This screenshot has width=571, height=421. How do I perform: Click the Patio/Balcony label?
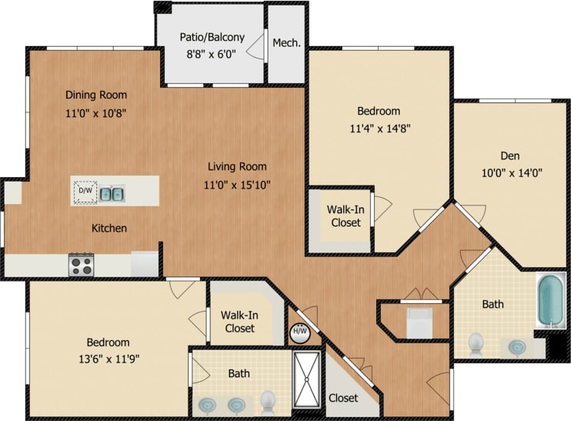[x=212, y=37]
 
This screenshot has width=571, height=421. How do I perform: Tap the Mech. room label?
[x=286, y=42]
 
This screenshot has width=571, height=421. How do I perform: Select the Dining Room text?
[x=95, y=95]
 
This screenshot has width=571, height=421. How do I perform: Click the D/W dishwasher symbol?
[x=85, y=191]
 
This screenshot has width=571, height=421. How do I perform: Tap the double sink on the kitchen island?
[x=112, y=193]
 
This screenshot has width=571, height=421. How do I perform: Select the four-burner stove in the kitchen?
[x=81, y=266]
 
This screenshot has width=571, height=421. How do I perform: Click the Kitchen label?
[x=109, y=228]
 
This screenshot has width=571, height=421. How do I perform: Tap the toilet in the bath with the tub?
[x=476, y=342]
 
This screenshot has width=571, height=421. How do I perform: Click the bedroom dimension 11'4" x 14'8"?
[x=378, y=129]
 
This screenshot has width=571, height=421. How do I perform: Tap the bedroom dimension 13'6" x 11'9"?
[x=107, y=358]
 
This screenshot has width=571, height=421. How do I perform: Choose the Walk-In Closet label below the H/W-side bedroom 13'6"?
[x=239, y=322]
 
